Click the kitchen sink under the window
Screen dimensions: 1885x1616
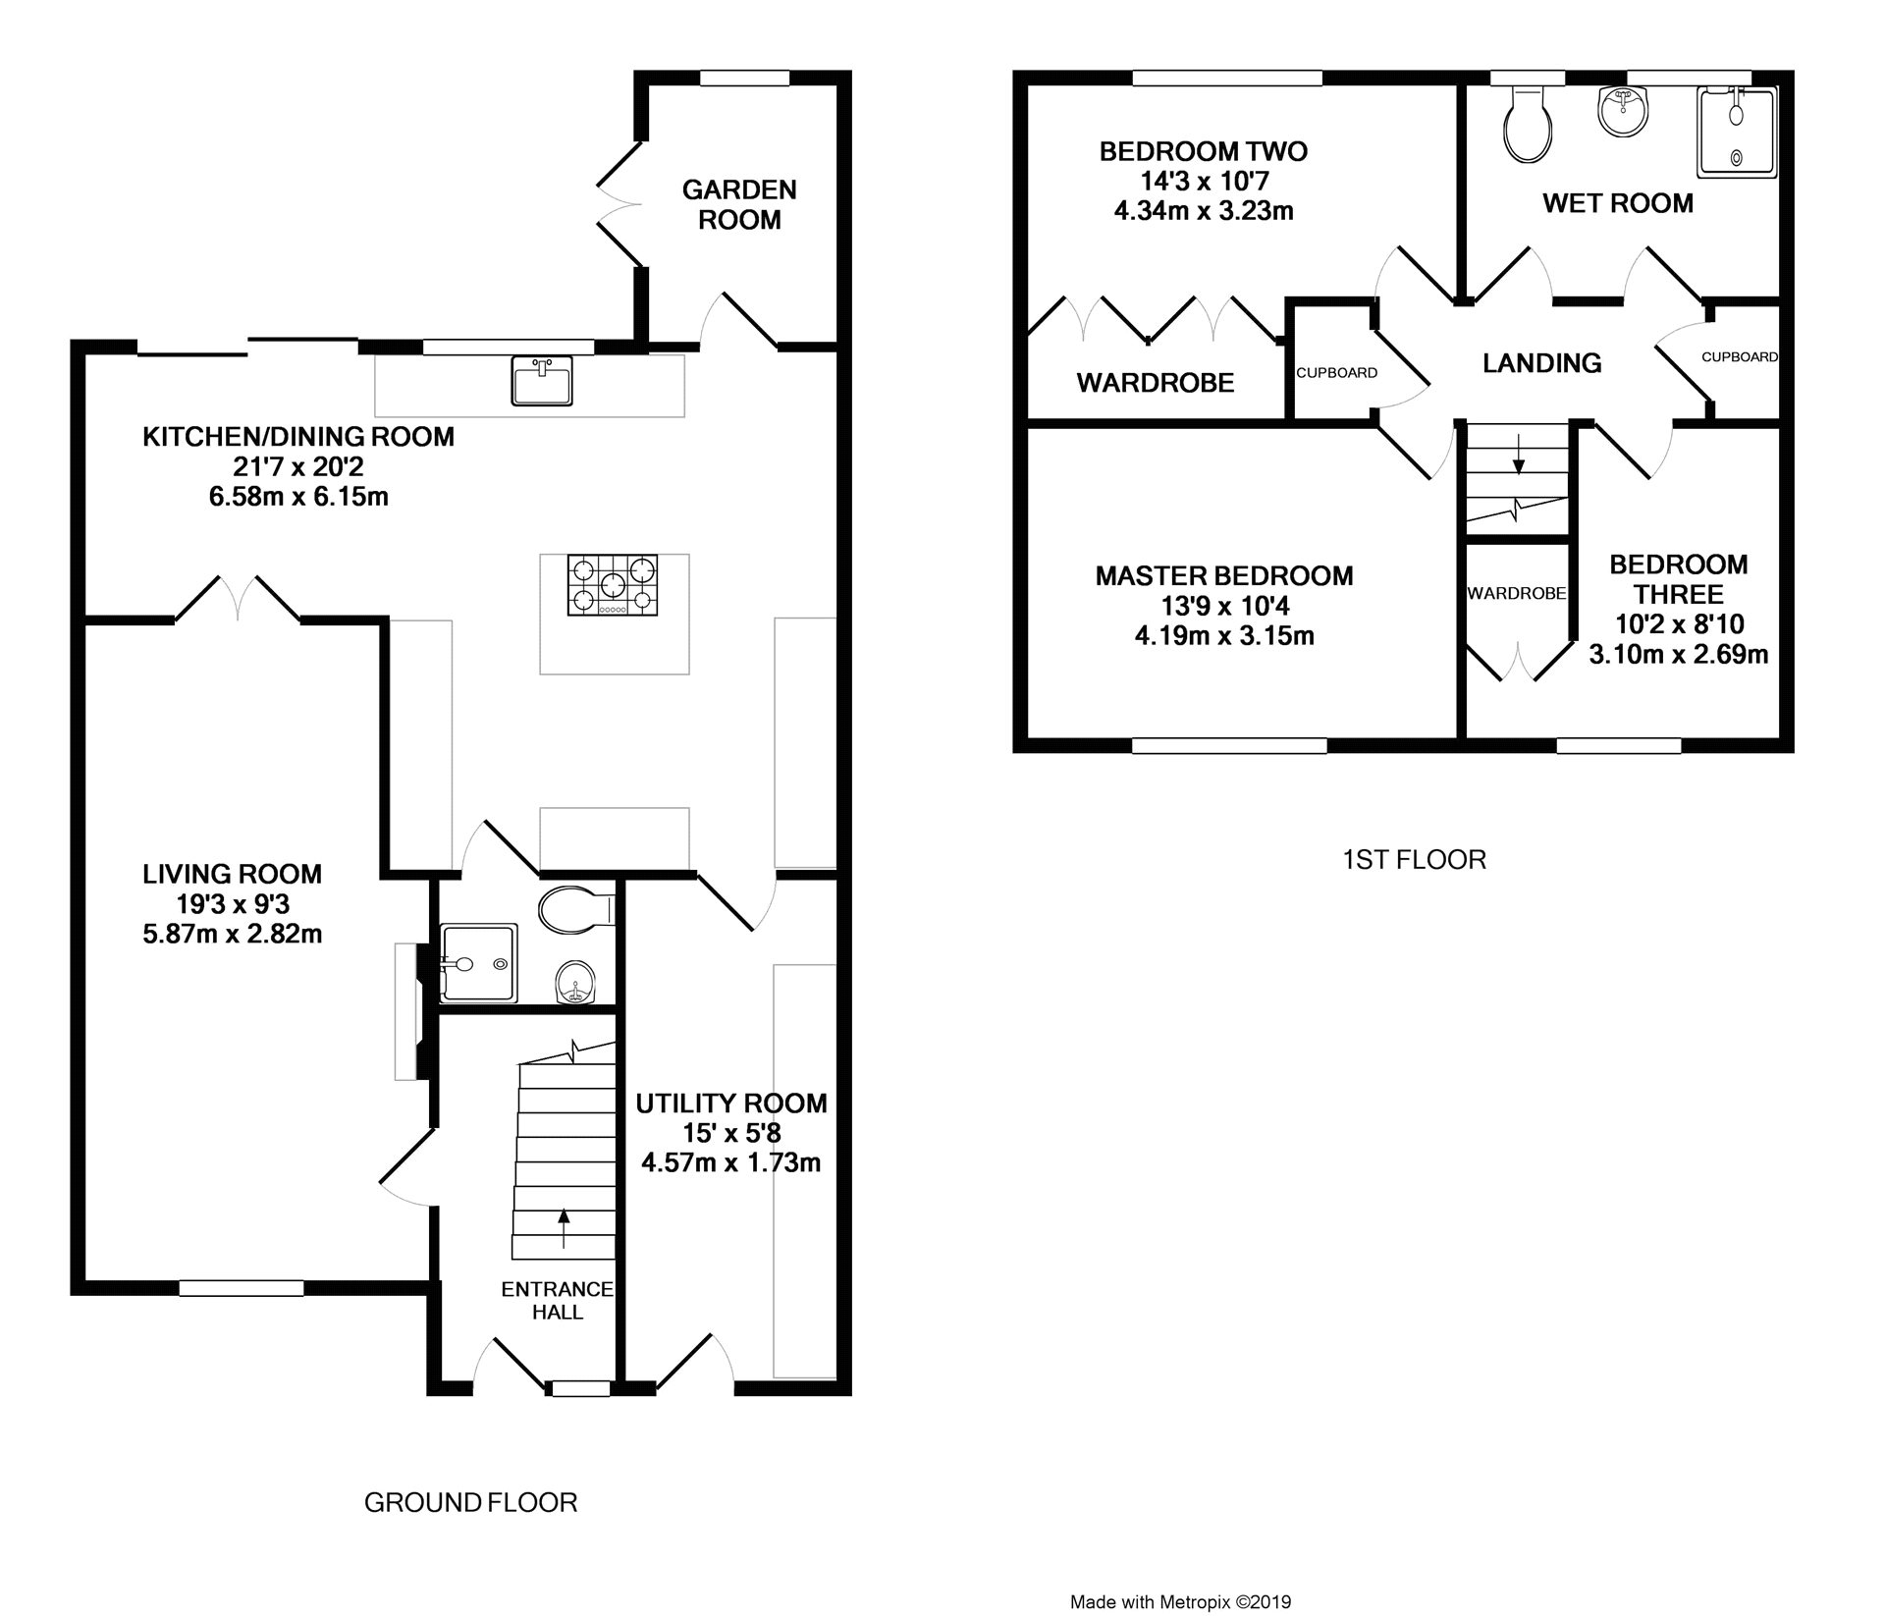coord(541,381)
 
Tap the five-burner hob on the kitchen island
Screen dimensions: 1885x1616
coord(614,585)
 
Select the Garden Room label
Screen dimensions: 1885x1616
coord(739,204)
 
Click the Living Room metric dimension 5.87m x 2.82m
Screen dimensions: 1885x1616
coord(233,934)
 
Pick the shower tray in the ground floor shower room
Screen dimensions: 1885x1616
coord(479,963)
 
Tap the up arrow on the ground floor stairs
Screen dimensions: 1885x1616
coord(564,1228)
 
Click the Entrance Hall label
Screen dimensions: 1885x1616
coord(557,1301)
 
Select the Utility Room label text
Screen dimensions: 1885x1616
coord(731,1104)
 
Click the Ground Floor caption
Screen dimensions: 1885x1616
coord(470,1502)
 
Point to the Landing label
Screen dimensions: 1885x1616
coord(1541,363)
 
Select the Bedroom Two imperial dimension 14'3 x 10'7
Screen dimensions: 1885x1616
coord(1204,181)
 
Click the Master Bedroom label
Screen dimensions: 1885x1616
coord(1224,575)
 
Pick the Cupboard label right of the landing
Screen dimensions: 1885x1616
coord(1740,357)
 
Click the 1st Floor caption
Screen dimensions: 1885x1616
coord(1414,860)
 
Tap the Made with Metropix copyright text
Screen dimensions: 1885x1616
coord(1180,1602)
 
